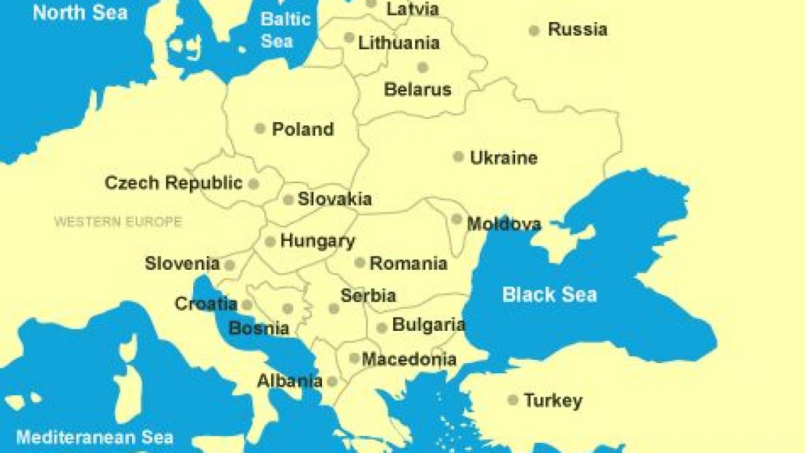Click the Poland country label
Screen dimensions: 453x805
pyautogui.click(x=303, y=129)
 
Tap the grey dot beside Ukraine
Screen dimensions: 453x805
pyautogui.click(x=458, y=156)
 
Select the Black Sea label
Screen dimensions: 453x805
pyautogui.click(x=549, y=294)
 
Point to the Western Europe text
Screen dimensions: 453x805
pyautogui.click(x=118, y=221)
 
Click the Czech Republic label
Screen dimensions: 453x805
pyautogui.click(x=174, y=183)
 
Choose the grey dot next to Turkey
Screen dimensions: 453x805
pyautogui.click(x=513, y=400)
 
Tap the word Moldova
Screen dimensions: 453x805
pyautogui.click(x=504, y=223)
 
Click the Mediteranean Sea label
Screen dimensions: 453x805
pyautogui.click(x=95, y=438)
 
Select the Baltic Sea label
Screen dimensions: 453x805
pyautogui.click(x=286, y=30)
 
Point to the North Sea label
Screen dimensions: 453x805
pyautogui.click(x=80, y=12)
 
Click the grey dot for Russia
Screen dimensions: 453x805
pyautogui.click(x=534, y=30)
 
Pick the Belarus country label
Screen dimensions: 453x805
pyautogui.click(x=417, y=89)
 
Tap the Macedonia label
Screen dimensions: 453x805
pyautogui.click(x=409, y=359)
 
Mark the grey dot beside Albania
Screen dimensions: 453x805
pyautogui.click(x=332, y=381)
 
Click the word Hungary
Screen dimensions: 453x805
pyautogui.click(x=317, y=241)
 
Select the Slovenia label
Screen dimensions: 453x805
pyautogui.click(x=182, y=264)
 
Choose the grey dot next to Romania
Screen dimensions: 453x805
pyautogui.click(x=360, y=262)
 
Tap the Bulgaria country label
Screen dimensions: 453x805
pyautogui.click(x=429, y=325)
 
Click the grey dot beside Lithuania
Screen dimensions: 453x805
pyautogui.click(x=349, y=38)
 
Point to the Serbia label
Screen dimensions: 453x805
pyautogui.click(x=368, y=295)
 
